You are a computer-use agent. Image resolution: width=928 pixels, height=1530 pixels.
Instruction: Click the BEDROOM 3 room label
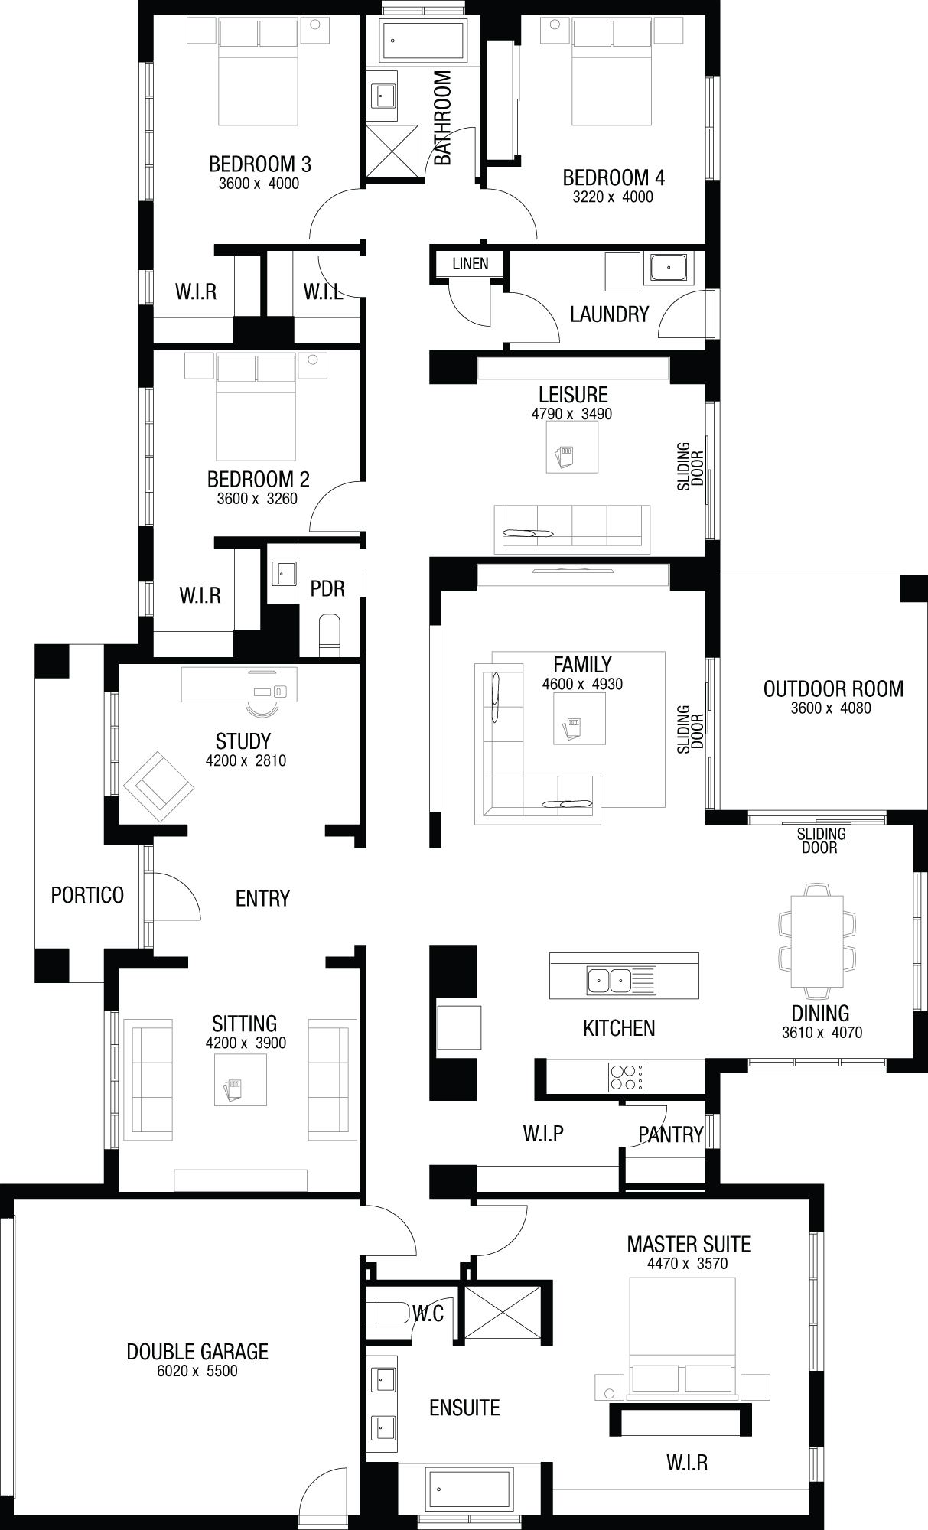(x=259, y=164)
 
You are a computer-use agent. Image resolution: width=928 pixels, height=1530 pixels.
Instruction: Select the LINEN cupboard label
(x=470, y=264)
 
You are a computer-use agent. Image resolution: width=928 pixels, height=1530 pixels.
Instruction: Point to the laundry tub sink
(x=669, y=269)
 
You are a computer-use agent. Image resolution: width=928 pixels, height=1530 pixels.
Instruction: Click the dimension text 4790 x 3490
(x=572, y=414)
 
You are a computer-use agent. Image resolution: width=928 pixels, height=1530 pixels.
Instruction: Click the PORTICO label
(x=87, y=894)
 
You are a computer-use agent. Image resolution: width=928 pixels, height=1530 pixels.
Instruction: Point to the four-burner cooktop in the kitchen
(x=625, y=1076)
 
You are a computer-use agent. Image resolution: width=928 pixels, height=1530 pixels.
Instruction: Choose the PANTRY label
(x=671, y=1134)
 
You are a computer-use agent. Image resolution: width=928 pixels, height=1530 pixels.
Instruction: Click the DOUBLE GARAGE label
(x=197, y=1352)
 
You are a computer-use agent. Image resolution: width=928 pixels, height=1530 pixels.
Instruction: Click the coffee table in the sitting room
(x=240, y=1079)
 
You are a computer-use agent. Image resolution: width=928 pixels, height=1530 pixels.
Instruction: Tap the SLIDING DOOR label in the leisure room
(x=690, y=466)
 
